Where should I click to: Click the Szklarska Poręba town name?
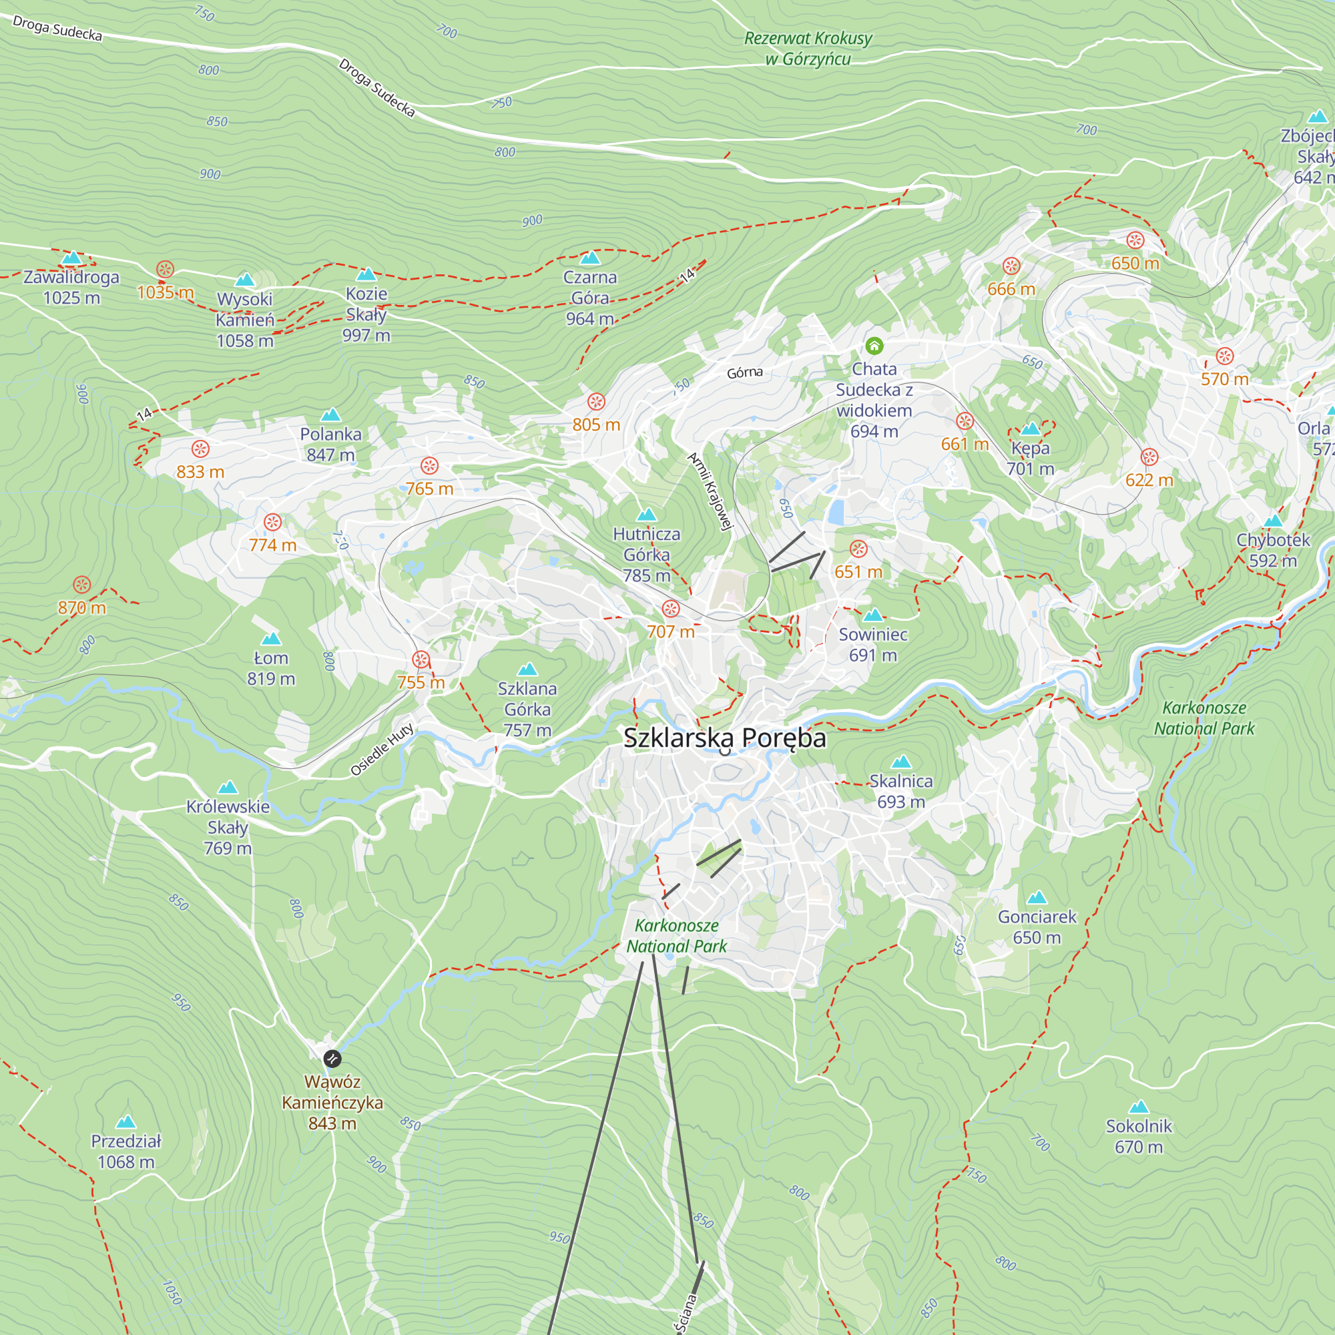724,738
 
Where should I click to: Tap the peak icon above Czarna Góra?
590,258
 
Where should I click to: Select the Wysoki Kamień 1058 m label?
244,319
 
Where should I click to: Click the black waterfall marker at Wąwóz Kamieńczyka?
332,1059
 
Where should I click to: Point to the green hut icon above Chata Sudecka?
874,346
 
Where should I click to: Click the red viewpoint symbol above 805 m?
596,401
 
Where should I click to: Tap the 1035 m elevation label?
165,292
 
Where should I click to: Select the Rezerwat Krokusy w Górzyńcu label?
808,48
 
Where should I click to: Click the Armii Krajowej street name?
710,491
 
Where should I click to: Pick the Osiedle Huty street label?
382,750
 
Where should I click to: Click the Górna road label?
745,372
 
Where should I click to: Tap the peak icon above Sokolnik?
1139,1107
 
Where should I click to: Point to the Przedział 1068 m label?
125,1151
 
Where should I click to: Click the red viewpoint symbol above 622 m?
1150,457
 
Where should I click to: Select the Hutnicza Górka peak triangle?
647,514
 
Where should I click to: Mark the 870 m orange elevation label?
81,607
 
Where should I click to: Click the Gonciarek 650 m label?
1037,926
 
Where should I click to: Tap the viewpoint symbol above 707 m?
671,609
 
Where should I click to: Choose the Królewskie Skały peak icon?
228,787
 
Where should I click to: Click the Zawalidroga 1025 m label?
71,287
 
